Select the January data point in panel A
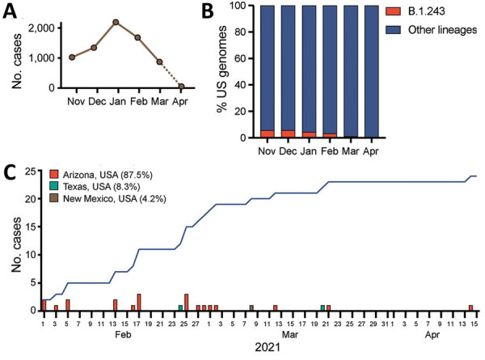[x=116, y=22]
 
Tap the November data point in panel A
[x=73, y=57]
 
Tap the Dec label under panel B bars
[x=287, y=151]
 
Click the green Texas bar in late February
[x=180, y=307]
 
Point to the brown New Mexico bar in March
[x=251, y=307]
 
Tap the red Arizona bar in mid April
[x=470, y=307]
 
